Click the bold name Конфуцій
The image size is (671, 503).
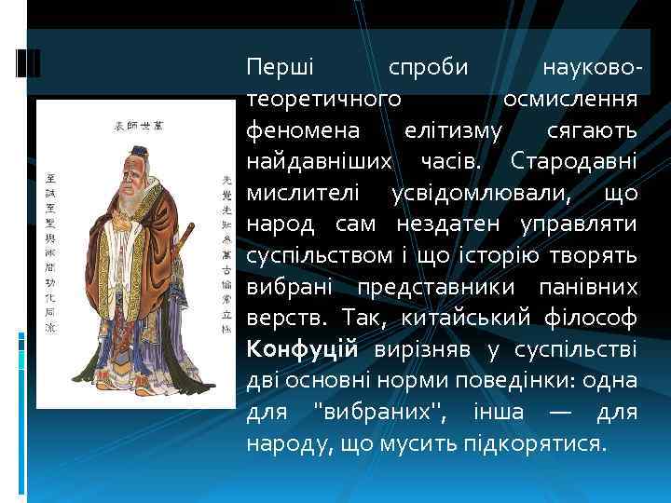coord(302,349)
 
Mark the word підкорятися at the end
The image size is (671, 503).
coord(545,443)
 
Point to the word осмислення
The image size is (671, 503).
coord(569,98)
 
